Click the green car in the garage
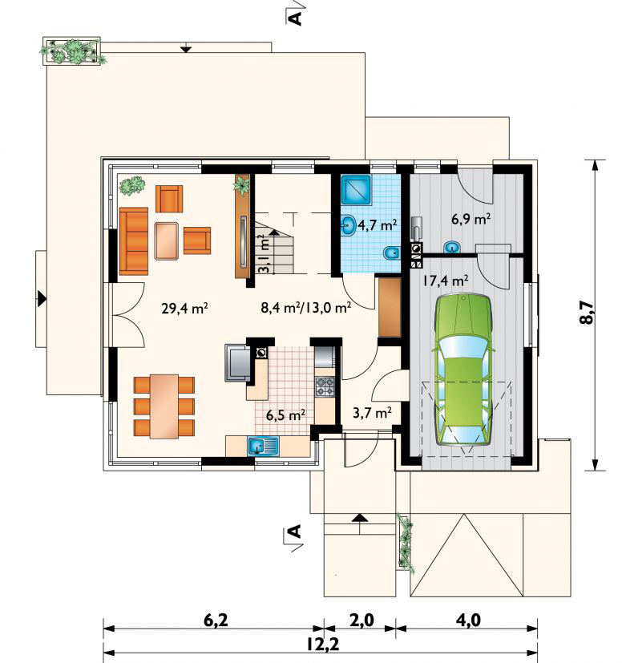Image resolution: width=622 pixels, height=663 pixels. coord(464,370)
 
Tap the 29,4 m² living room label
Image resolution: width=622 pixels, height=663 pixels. coord(184,308)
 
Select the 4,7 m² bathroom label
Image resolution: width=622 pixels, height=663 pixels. coord(378,225)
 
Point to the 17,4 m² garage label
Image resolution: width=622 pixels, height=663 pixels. coord(446,281)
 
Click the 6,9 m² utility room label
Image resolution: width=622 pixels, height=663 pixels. coord(471,219)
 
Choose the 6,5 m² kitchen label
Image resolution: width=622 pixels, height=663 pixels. coord(286,415)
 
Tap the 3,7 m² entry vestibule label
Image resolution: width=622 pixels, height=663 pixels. coord(372,412)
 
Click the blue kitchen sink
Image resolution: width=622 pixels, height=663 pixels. coord(263,447)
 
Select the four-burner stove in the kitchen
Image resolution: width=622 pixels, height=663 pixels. coord(325,387)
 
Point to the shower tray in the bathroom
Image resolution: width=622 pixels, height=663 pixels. coord(356,190)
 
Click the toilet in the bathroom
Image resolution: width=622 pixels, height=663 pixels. coord(391,253)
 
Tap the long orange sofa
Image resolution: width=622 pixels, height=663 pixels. coord(134,241)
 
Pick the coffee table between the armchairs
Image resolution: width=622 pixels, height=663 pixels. coord(168,241)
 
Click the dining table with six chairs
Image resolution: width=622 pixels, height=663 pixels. coord(164,406)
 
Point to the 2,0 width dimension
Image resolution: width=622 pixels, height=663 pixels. coord(362,621)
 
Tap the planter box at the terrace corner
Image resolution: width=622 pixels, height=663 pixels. coord(72,51)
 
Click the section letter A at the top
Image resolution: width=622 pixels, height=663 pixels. coord(295,18)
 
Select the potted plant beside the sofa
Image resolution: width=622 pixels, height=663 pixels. coord(132,185)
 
